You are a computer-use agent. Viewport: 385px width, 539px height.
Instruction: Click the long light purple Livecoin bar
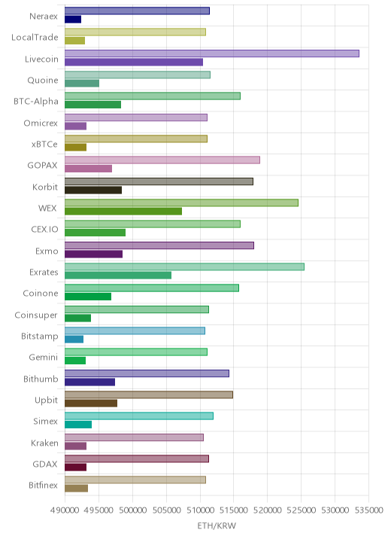pyautogui.click(x=212, y=53)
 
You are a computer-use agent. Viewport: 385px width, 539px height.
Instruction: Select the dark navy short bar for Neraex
pyautogui.click(x=73, y=20)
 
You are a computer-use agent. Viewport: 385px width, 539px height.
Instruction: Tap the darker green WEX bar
pyautogui.click(x=123, y=212)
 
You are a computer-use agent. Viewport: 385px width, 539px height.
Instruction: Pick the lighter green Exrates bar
pyautogui.click(x=184, y=266)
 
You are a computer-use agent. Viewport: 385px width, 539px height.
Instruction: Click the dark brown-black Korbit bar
pyautogui.click(x=93, y=190)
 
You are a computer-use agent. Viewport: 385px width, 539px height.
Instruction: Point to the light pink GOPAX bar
pyautogui.click(x=162, y=160)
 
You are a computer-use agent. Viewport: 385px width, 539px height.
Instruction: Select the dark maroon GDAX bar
pyautogui.click(x=75, y=467)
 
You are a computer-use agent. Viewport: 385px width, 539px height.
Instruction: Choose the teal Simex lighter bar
pyautogui.click(x=139, y=416)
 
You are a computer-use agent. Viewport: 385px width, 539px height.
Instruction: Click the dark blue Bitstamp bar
pyautogui.click(x=74, y=340)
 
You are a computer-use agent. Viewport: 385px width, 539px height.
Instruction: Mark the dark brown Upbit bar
pyautogui.click(x=91, y=403)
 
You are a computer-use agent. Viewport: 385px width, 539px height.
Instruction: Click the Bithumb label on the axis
pyautogui.click(x=41, y=379)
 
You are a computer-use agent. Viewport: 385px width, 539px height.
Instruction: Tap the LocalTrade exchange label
pyautogui.click(x=35, y=37)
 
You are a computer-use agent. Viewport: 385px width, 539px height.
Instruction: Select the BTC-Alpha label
pyautogui.click(x=36, y=102)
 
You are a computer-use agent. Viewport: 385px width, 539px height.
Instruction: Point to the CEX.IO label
pyautogui.click(x=44, y=230)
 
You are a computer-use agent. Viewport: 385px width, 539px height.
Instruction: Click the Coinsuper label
pyautogui.click(x=36, y=315)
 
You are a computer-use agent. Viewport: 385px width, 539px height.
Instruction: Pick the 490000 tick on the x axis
pyautogui.click(x=64, y=510)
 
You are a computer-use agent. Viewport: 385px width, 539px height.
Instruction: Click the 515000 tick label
pyautogui.click(x=234, y=510)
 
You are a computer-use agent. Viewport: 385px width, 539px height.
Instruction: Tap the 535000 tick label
pyautogui.click(x=369, y=510)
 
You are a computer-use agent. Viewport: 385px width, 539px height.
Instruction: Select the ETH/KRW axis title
pyautogui.click(x=217, y=525)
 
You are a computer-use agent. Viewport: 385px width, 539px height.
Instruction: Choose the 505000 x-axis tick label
pyautogui.click(x=166, y=510)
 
